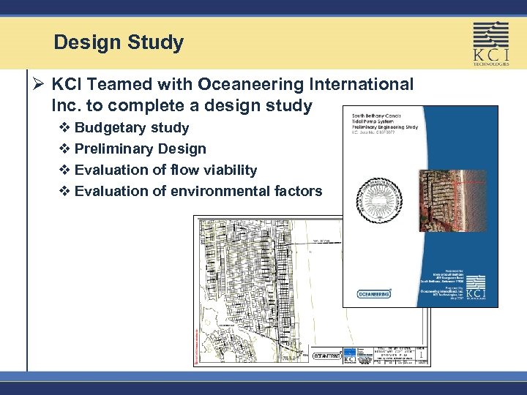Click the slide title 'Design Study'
click(x=119, y=42)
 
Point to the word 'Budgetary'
click(x=108, y=128)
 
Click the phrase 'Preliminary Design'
click(x=140, y=149)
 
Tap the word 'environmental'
click(x=224, y=192)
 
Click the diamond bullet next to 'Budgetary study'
click(x=64, y=129)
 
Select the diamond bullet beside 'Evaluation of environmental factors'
click(x=64, y=192)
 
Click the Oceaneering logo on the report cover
click(x=374, y=293)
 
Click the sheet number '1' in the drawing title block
click(x=420, y=353)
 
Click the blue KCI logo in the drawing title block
click(x=350, y=356)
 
